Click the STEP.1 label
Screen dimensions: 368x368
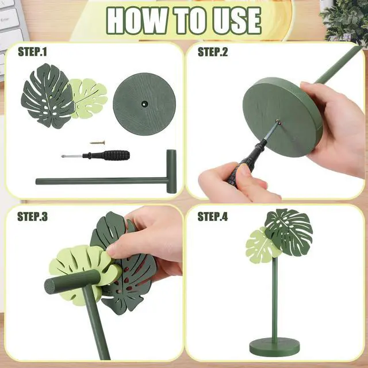pyautogui.click(x=32, y=52)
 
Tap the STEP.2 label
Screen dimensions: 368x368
pyautogui.click(x=213, y=52)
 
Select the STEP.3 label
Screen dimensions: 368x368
pyautogui.click(x=32, y=216)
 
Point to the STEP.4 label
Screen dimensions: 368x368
pyautogui.click(x=213, y=216)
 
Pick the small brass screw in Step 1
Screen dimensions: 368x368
pyautogui.click(x=97, y=143)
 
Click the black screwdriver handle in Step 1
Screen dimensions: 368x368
pyautogui.click(x=116, y=155)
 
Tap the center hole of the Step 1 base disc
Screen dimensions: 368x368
pyautogui.click(x=144, y=103)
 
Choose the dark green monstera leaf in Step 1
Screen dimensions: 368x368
pyautogui.click(x=47, y=96)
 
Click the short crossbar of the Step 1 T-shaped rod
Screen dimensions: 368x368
pyautogui.click(x=171, y=171)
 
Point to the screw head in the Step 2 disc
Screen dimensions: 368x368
pyautogui.click(x=278, y=121)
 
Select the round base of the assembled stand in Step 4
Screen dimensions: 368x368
pyautogui.click(x=274, y=346)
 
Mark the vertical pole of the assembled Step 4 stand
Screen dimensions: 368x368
pyautogui.click(x=275, y=298)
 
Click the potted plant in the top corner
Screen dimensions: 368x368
pyautogui.click(x=345, y=20)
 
